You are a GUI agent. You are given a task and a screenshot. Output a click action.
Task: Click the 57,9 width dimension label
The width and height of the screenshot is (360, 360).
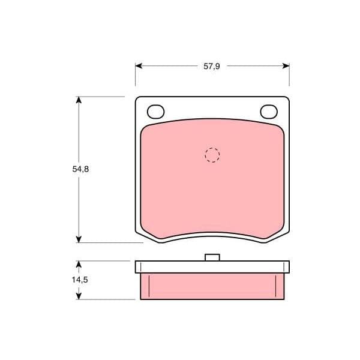(212, 67)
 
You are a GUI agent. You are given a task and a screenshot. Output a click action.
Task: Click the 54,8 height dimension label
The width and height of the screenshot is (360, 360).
(80, 169)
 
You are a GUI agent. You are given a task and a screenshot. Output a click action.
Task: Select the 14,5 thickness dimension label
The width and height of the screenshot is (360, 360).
(80, 280)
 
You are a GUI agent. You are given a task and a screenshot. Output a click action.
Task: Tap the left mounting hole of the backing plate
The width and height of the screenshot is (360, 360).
(155, 112)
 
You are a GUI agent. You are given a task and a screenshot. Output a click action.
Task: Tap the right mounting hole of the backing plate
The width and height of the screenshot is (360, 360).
(269, 112)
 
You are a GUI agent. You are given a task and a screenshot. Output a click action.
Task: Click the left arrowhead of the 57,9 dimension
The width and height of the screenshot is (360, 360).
(139, 66)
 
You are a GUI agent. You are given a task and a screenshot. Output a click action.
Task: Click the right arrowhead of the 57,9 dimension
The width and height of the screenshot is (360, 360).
(286, 66)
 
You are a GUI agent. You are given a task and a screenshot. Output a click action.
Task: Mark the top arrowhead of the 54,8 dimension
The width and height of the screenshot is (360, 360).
(79, 100)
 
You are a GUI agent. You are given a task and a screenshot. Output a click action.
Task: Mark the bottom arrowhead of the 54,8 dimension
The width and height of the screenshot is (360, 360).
(79, 239)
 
